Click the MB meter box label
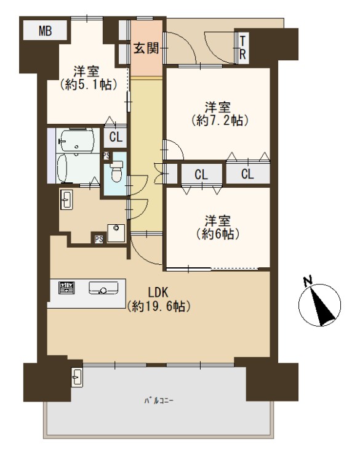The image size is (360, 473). tap(45, 31)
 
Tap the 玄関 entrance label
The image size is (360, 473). tap(146, 48)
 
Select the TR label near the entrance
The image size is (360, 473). tap(242, 47)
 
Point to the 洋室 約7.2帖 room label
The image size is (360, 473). tap(219, 114)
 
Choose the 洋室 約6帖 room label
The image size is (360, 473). tap(218, 227)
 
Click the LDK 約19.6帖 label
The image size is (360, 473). tap(158, 299)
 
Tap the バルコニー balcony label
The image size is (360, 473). tap(159, 401)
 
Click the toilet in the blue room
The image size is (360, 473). tap(116, 172)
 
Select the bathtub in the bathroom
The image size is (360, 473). tap(62, 168)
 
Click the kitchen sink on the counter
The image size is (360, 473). tap(103, 288)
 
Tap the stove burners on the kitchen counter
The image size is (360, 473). tap(66, 288)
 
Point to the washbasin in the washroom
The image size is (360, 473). tap(66, 200)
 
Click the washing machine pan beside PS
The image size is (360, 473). tap(116, 233)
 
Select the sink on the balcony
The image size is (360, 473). tap(77, 377)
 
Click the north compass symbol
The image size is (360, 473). tap(319, 305)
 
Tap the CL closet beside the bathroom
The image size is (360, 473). tap(116, 137)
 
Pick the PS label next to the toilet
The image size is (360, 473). tap(106, 156)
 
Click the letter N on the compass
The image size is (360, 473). tap(308, 281)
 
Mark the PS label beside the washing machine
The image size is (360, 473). tap(98, 239)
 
